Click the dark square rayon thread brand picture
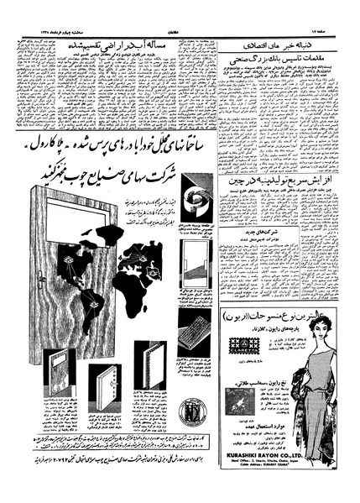(245, 401)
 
